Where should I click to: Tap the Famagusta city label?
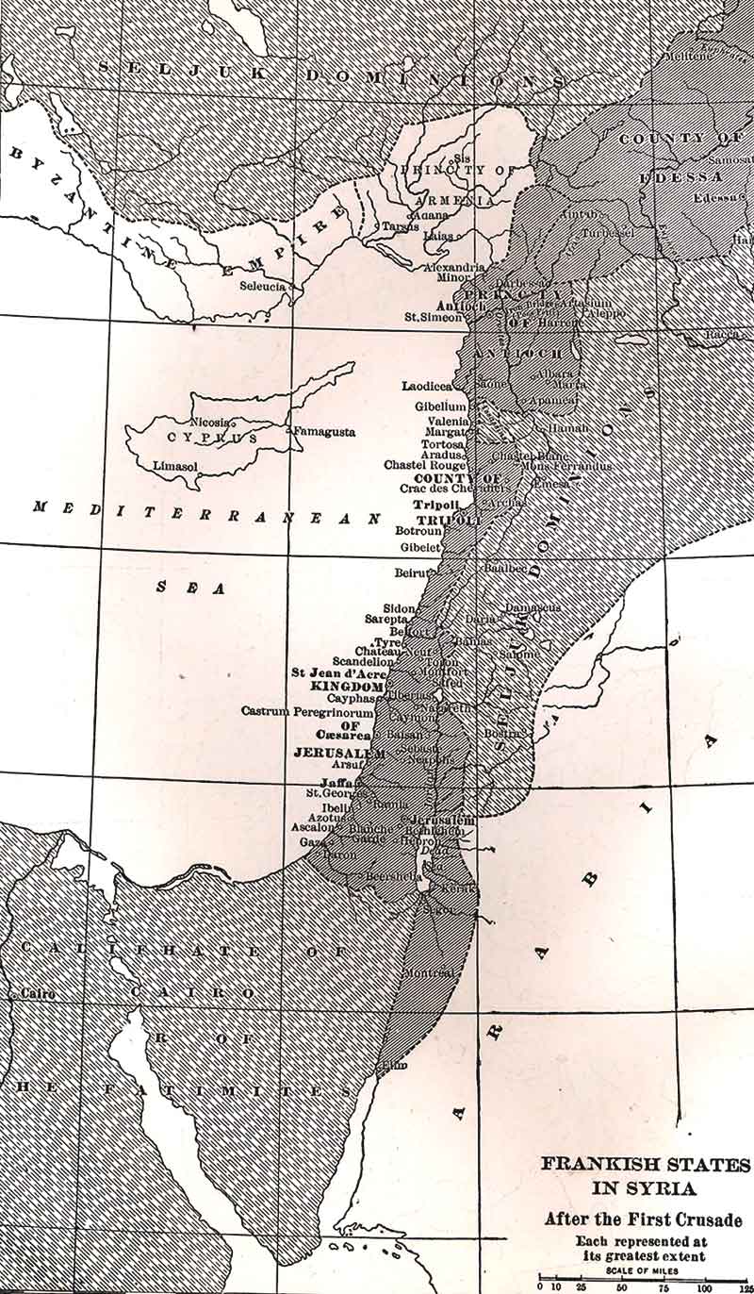pos(323,432)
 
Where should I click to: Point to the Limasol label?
pos(176,465)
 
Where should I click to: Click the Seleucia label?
pos(264,286)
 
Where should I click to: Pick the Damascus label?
pos(533,607)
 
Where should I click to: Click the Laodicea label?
pos(427,386)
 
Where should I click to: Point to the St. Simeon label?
pos(434,317)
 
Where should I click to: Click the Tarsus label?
pos(400,226)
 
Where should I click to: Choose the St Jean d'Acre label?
pos(338,672)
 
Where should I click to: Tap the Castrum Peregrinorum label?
pos(307,709)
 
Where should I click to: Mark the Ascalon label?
pos(312,827)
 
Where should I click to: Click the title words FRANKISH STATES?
pos(646,1164)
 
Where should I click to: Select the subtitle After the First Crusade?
pos(643,1219)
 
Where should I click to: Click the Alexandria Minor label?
pos(454,274)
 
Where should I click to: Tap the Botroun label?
pos(418,531)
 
